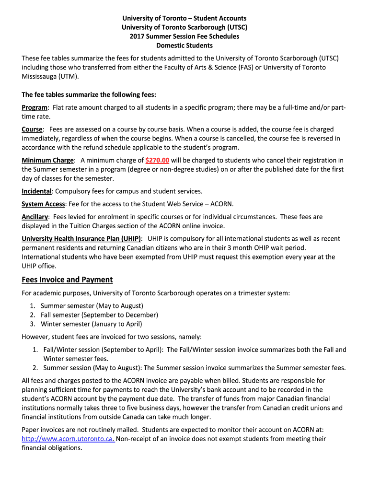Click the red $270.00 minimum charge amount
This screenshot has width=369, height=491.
[x=157, y=160]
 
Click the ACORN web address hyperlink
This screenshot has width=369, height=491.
[x=68, y=439]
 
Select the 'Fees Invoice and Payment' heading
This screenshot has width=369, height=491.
[x=67, y=280]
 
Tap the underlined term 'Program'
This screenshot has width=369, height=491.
[x=35, y=107]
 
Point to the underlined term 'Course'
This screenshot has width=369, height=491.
[x=33, y=129]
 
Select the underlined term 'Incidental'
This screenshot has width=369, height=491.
[x=37, y=191]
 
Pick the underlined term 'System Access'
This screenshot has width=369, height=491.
[x=43, y=204]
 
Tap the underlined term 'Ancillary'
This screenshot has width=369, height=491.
[x=35, y=217]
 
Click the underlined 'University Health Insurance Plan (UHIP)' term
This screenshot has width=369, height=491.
[x=81, y=238]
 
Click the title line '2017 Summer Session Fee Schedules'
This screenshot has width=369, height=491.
[x=184, y=36]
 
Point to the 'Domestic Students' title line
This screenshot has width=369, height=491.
[x=184, y=46]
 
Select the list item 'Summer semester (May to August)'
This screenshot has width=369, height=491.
[x=92, y=305]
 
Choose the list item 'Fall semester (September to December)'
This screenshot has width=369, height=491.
[x=99, y=315]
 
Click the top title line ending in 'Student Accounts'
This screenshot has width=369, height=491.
[x=184, y=18]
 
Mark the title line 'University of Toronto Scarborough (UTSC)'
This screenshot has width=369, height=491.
[x=184, y=27]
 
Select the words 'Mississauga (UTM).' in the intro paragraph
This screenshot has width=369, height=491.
[x=50, y=76]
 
